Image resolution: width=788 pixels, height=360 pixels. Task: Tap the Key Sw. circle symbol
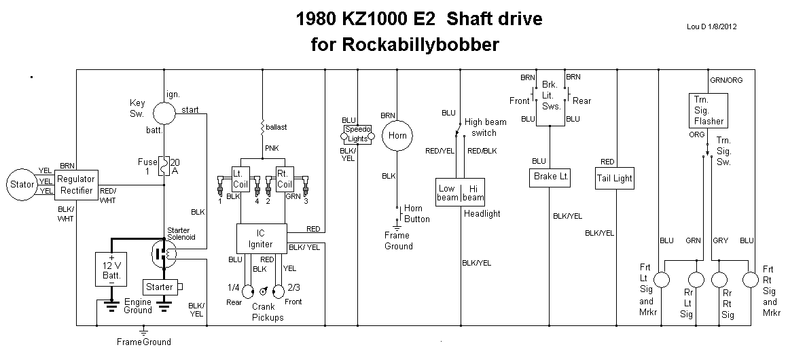pyautogui.click(x=162, y=113)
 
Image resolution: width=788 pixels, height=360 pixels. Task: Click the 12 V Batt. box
pyautogui.click(x=112, y=270)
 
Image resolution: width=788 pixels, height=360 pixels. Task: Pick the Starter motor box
pyautogui.click(x=160, y=287)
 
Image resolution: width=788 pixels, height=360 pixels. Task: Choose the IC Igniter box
pyautogui.click(x=260, y=238)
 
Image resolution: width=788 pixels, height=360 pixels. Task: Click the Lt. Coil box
pyautogui.click(x=241, y=179)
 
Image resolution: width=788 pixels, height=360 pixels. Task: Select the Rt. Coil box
pyautogui.click(x=285, y=179)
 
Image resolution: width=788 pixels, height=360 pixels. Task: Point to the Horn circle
pyautogui.click(x=397, y=136)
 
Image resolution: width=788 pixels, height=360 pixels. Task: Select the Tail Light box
pyautogui.click(x=615, y=178)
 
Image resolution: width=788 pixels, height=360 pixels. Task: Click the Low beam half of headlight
pyautogui.click(x=448, y=192)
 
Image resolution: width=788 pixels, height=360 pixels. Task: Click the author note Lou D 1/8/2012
pyautogui.click(x=713, y=27)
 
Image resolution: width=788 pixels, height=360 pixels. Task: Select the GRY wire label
pyautogui.click(x=720, y=240)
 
